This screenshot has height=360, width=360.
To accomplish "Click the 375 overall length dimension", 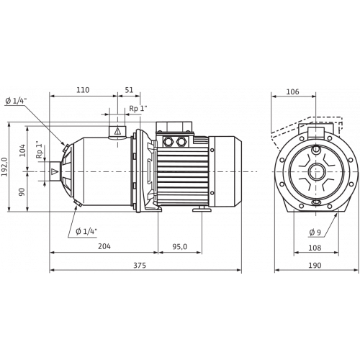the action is pos(140,265).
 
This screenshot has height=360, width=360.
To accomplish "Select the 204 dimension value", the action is pos(104,246).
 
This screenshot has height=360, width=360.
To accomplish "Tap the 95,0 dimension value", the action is pos(179,246).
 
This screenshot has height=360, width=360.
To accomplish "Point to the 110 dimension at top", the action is pos(83,90).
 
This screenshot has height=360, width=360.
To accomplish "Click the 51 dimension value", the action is pos(129,90).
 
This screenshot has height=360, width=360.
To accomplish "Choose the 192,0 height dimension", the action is pos(4,166).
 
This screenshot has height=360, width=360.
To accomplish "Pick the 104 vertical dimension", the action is pos(22,150).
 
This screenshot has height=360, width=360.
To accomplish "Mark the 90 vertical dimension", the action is pos(22,192).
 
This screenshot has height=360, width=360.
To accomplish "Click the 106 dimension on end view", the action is pos(293,91).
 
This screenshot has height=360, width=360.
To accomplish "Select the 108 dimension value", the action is pos(315,248).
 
